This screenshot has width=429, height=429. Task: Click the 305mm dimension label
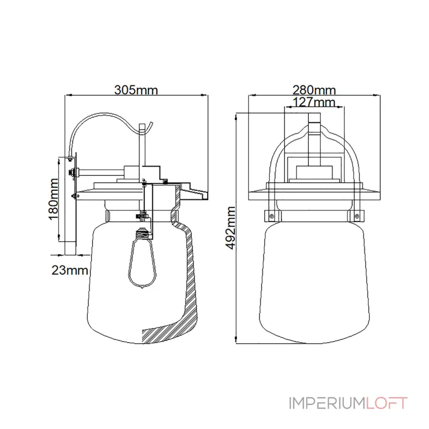[136, 90]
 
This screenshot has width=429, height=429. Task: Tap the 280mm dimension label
[314, 90]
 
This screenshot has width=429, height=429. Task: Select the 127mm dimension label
[314, 102]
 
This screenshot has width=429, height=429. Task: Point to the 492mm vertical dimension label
[231, 228]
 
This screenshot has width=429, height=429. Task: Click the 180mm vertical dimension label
[53, 199]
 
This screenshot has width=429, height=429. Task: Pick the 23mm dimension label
[70, 270]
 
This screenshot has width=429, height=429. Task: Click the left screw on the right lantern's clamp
[271, 216]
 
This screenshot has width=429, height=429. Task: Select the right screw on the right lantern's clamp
[357, 216]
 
